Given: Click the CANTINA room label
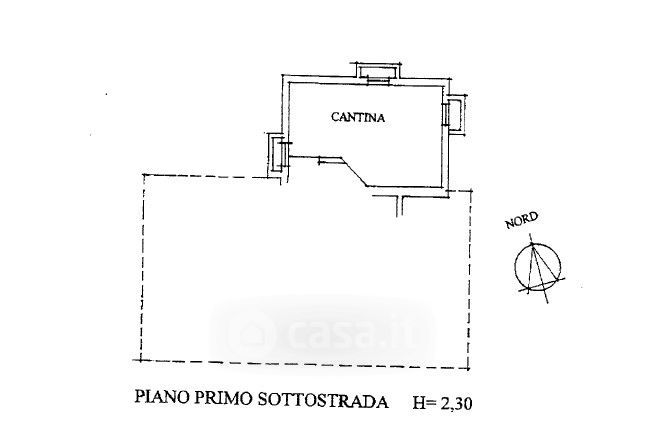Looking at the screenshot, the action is [357, 118].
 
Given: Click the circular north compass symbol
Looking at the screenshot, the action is [538, 267].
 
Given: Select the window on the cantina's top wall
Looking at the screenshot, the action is [377, 72].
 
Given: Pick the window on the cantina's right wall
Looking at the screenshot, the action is [453, 113].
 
